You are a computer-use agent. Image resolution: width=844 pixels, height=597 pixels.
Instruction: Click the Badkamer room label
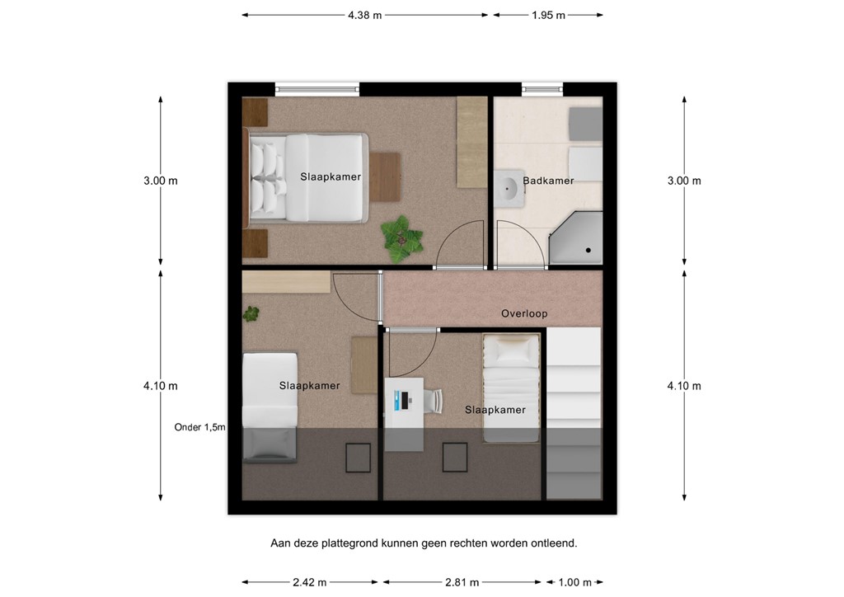(x=548, y=181)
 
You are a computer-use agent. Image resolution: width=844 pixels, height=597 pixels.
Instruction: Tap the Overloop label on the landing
(x=524, y=313)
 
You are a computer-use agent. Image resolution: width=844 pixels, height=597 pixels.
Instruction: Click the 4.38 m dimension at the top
(x=364, y=15)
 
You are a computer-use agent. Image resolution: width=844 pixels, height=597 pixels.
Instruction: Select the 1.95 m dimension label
(x=548, y=15)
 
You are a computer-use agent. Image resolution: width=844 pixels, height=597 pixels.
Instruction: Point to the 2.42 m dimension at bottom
(x=309, y=582)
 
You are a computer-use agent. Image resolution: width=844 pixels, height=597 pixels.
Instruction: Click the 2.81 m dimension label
(x=462, y=582)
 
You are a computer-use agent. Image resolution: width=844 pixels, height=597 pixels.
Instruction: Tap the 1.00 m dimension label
(x=574, y=582)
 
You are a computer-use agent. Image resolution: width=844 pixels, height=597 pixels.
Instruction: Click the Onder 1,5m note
(x=199, y=427)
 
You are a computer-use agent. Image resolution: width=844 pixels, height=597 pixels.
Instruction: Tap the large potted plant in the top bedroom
(x=402, y=238)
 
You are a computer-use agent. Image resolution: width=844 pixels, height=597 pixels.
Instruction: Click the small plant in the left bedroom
(x=251, y=313)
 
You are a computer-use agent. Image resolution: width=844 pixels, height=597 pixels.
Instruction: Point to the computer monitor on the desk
(x=401, y=400)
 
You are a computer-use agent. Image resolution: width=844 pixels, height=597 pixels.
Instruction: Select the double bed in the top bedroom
(x=307, y=178)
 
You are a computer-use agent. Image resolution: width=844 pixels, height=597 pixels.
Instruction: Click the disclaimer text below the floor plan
(x=424, y=543)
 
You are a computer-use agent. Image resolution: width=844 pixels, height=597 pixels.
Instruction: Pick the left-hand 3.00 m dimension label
(x=160, y=181)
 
